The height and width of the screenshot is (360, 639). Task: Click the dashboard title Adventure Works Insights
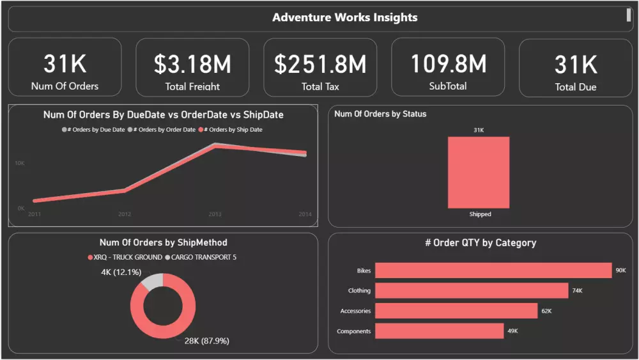(344, 17)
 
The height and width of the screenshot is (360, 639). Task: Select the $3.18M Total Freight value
(192, 64)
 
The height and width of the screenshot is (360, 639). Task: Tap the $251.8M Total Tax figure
(320, 64)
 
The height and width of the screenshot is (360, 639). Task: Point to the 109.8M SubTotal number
(448, 63)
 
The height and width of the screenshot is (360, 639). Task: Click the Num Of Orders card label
(65, 86)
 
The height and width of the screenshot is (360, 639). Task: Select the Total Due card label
(575, 87)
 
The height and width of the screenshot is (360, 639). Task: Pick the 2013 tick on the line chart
(215, 214)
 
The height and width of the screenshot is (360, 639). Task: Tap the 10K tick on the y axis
(20, 164)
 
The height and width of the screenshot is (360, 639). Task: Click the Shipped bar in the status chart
(479, 172)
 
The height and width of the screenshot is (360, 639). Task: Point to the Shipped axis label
(480, 214)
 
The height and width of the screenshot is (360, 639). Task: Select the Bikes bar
(493, 270)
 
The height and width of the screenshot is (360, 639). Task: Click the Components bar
(439, 331)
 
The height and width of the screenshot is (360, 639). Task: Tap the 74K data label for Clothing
(577, 291)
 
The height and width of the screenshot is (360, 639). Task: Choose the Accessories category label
(355, 311)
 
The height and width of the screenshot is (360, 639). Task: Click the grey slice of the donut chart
(153, 281)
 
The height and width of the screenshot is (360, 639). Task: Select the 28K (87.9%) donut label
(206, 341)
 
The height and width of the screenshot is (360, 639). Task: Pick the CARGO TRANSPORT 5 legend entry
(204, 257)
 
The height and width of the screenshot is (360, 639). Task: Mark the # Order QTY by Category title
(481, 243)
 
